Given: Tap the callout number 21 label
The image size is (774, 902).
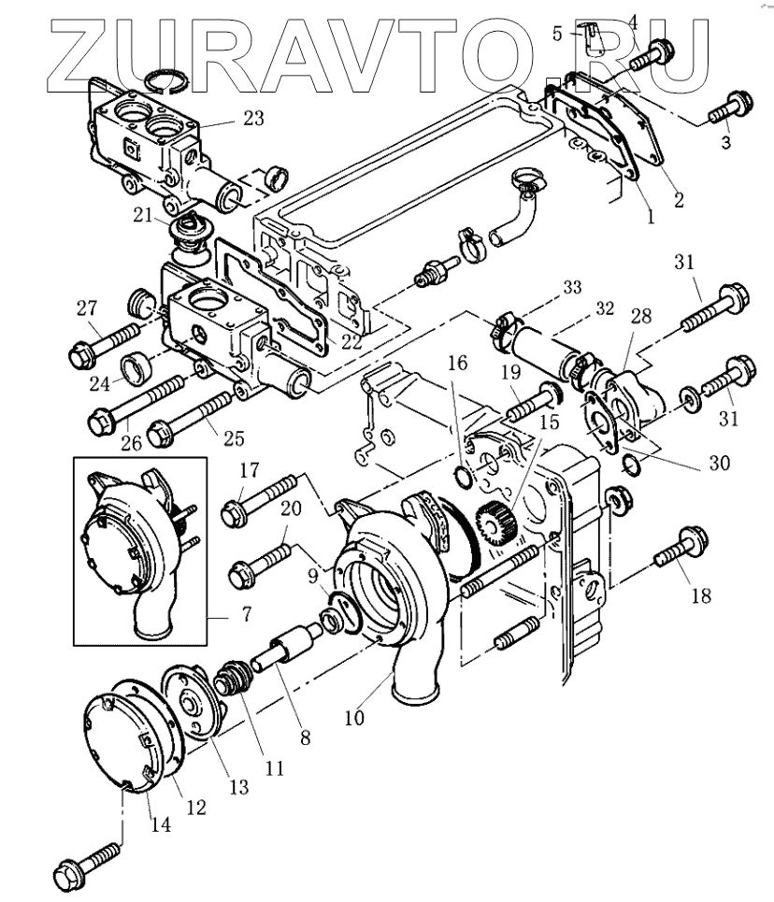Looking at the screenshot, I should (142, 216).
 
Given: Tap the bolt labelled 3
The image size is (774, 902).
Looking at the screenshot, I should (725, 108).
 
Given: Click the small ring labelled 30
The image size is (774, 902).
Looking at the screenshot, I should (633, 465).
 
